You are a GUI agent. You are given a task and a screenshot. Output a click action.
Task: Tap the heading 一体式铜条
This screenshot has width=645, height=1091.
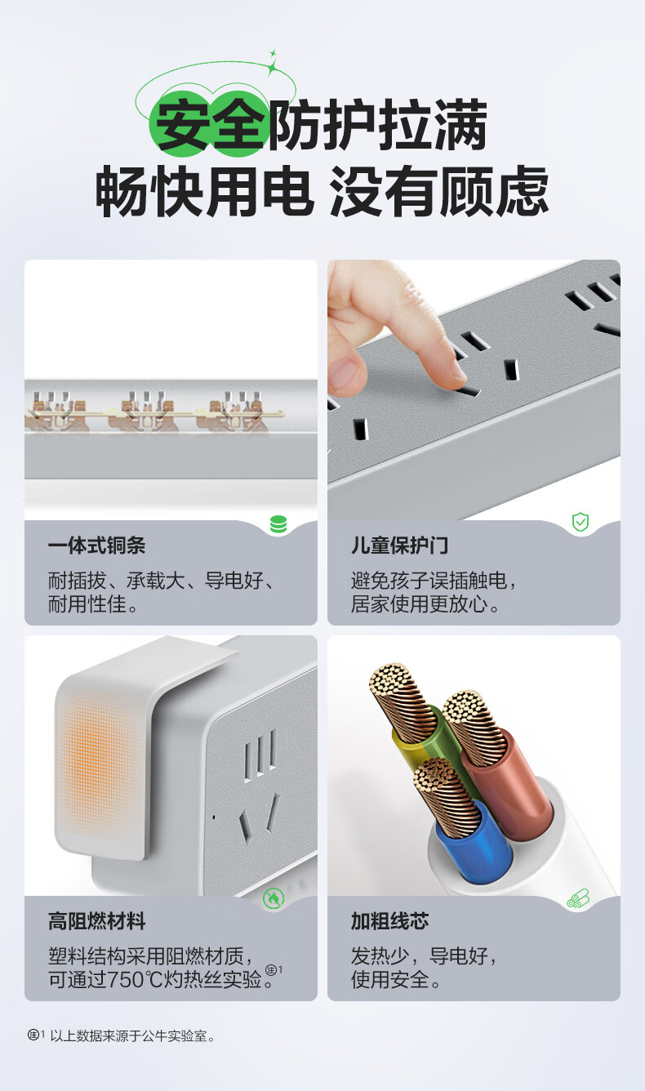[97, 546]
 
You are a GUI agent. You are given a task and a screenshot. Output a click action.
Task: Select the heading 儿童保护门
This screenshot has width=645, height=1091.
[400, 546]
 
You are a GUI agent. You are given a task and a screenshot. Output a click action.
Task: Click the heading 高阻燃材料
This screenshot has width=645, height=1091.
[97, 921]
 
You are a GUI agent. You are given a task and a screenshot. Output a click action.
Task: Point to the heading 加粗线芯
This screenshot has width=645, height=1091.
[390, 921]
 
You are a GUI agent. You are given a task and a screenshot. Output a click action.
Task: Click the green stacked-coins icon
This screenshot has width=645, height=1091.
[278, 524]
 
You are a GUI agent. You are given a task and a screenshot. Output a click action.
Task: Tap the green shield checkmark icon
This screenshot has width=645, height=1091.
[580, 522]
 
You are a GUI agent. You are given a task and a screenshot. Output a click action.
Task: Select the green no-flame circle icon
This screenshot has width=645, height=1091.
[273, 898]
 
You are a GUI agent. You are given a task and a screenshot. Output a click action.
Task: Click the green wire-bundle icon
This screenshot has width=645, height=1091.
[578, 898]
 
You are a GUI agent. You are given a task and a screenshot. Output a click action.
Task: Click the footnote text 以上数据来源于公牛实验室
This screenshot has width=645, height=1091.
[130, 1036]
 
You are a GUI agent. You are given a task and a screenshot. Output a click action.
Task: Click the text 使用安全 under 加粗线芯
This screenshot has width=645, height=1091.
[390, 980]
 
